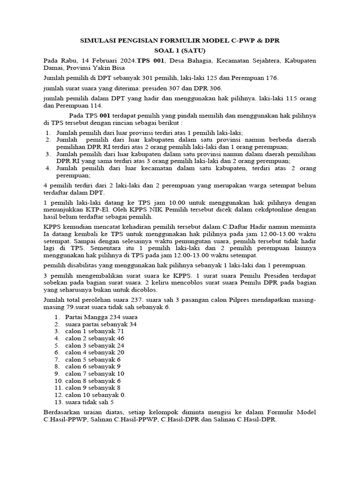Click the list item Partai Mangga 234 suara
[101, 316]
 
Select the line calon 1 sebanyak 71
[95, 331]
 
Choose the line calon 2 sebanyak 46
[95, 338]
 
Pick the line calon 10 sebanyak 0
[96, 395]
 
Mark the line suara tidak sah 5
[90, 402]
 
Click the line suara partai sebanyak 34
[101, 324]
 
